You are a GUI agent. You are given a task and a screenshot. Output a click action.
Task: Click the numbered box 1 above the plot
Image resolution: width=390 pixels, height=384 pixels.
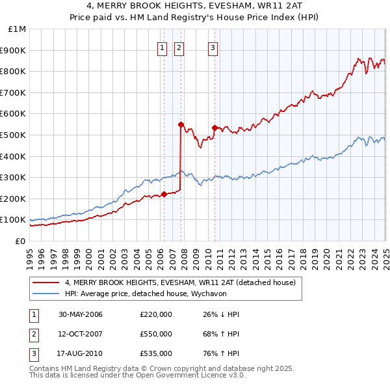[161, 46]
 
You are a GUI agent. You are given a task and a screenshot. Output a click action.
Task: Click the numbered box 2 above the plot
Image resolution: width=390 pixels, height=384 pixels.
[178, 46]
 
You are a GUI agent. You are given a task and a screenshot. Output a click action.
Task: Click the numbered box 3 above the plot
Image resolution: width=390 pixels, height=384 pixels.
[213, 46]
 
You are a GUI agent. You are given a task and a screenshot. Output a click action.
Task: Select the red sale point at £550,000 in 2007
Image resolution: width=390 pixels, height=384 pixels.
[181, 124]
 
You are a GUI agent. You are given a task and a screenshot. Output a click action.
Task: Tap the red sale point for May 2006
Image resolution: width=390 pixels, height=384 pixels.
[164, 194]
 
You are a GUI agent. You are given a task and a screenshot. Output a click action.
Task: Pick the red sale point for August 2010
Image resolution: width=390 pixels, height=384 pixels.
[214, 128]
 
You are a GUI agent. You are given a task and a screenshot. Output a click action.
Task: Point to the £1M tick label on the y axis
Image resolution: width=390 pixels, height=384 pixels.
[17, 29]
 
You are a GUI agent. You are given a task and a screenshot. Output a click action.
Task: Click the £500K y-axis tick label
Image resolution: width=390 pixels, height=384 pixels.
[14, 135]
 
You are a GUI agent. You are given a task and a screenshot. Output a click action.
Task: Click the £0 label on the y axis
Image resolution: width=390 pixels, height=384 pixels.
[20, 241]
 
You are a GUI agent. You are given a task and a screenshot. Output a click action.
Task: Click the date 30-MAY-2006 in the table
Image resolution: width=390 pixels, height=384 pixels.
[81, 314]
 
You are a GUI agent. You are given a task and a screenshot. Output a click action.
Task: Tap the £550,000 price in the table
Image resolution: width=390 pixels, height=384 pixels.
[156, 334]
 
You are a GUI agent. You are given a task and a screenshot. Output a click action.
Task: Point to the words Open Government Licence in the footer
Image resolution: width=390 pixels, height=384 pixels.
[188, 375]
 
